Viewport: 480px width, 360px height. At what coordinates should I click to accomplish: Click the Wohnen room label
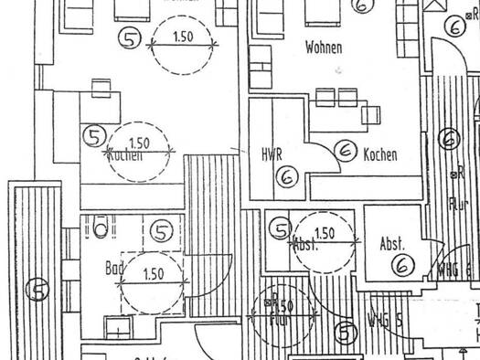click(x=325, y=45)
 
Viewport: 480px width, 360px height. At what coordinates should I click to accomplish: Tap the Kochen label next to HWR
click(x=379, y=155)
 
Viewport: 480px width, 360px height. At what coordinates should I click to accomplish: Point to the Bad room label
click(x=114, y=269)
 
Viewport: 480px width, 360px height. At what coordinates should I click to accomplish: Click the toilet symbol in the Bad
click(x=101, y=225)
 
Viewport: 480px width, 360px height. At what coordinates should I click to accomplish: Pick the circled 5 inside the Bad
click(x=163, y=232)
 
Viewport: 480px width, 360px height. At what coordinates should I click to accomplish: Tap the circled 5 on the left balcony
click(x=37, y=290)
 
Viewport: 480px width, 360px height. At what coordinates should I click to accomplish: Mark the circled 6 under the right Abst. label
click(x=402, y=265)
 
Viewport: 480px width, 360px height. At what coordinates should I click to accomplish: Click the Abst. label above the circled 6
click(x=391, y=244)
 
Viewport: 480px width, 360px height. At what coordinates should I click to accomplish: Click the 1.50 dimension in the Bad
click(x=153, y=273)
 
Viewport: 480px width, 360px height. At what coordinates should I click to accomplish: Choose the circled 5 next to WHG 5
click(x=346, y=334)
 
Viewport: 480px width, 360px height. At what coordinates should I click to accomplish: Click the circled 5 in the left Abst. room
click(x=281, y=230)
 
